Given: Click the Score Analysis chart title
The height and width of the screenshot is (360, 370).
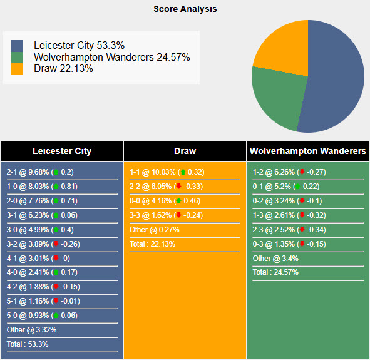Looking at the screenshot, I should click(185, 9).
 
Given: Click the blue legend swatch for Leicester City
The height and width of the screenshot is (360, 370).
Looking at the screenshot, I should click(17, 46).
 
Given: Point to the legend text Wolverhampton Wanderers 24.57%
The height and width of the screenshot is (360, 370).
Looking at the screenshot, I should click(112, 57).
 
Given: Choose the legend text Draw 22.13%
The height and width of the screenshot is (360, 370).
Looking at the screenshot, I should click(63, 69).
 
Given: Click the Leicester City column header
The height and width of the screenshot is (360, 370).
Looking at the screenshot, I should click(62, 151).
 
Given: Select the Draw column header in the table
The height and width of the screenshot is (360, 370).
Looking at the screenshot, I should click(185, 151).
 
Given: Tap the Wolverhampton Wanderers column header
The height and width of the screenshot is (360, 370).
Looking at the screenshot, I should click(308, 151).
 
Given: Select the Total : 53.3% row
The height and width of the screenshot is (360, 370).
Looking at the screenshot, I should click(28, 344).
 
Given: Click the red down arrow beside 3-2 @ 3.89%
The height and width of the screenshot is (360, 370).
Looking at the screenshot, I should click(56, 244).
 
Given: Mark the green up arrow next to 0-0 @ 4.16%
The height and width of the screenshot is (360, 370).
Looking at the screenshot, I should click(178, 201).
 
